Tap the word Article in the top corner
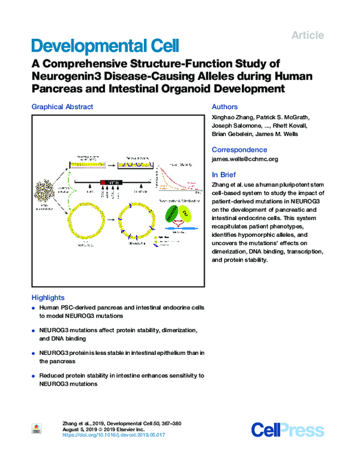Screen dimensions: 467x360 307,35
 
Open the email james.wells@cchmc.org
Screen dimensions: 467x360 245,159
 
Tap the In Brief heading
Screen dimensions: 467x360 224,174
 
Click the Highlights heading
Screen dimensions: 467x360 47,297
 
